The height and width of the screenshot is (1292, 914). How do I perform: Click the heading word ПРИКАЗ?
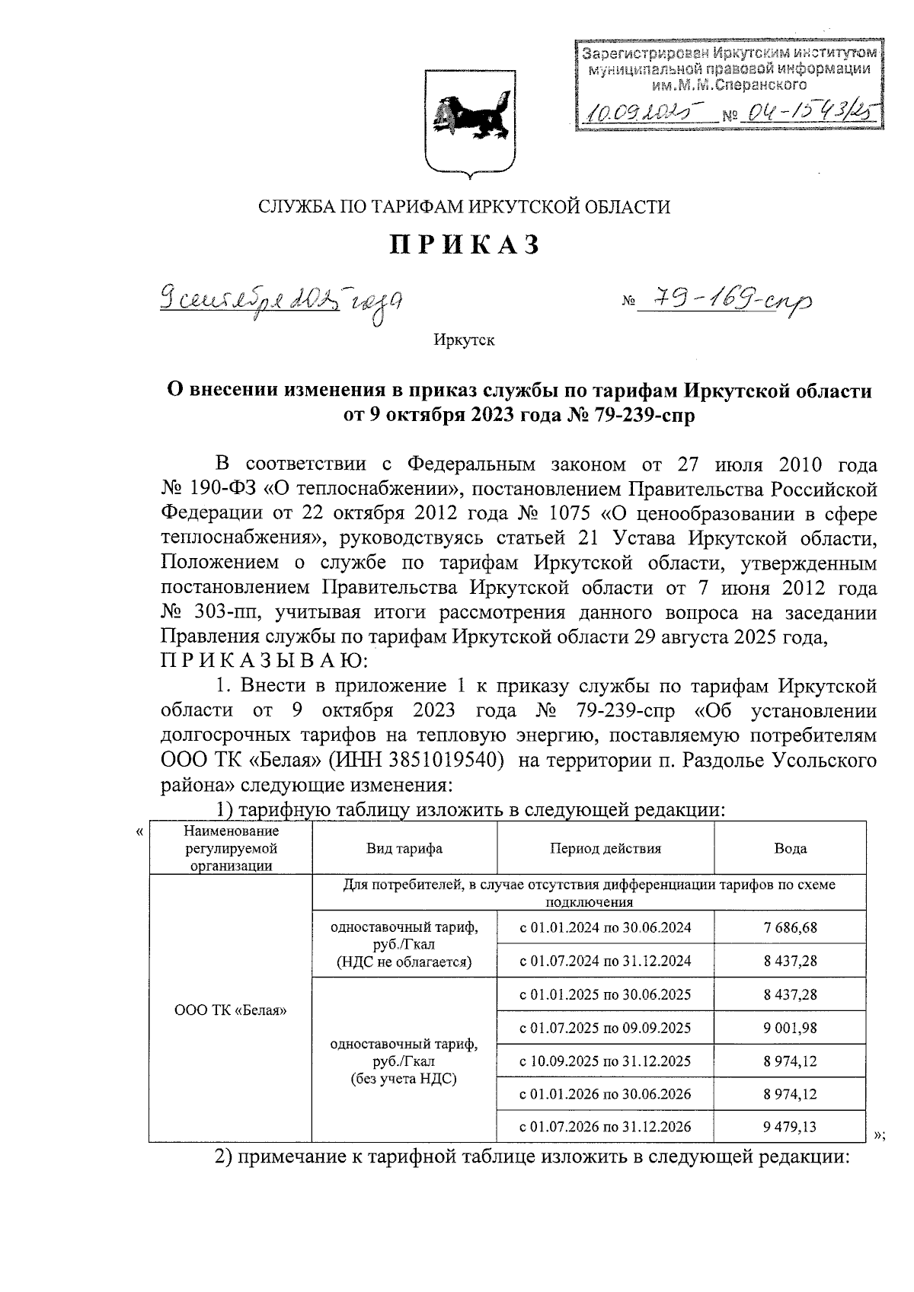tap(466, 245)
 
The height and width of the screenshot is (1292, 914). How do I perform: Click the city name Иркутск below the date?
tap(464, 340)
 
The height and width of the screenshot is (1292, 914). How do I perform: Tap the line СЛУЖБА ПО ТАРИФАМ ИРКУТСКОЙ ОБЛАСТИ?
tap(465, 206)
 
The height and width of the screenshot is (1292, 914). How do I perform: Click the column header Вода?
tap(790, 848)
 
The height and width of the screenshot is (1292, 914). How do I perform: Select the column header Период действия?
tap(606, 848)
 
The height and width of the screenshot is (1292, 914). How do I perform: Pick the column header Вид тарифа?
tap(404, 848)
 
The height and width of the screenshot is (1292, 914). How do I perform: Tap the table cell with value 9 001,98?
tap(790, 1028)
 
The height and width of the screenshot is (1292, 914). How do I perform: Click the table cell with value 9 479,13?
tap(790, 1126)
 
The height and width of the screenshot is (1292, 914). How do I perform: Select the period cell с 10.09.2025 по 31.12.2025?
tap(606, 1061)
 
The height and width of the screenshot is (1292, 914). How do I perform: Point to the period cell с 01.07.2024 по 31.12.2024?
tap(606, 961)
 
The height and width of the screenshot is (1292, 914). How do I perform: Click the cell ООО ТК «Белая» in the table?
tap(230, 1010)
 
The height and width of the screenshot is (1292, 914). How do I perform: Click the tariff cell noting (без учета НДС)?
tap(404, 1061)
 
